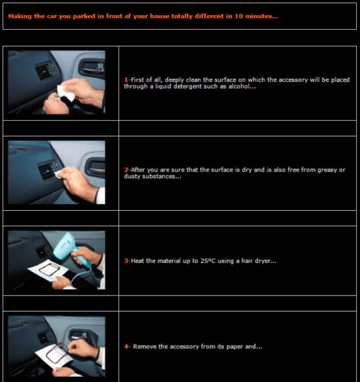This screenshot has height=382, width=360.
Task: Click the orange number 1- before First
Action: pyautogui.click(x=127, y=80)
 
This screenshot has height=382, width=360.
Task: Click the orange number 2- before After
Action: pyautogui.click(x=127, y=170)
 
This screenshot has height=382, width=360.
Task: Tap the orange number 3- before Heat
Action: pyautogui.click(x=127, y=261)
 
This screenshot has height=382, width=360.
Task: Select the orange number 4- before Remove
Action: pyautogui.click(x=128, y=347)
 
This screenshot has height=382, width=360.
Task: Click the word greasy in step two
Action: pyautogui.click(x=327, y=170)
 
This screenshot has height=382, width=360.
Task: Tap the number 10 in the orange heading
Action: pyautogui.click(x=238, y=16)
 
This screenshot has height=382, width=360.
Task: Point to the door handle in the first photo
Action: pyautogui.click(x=92, y=68)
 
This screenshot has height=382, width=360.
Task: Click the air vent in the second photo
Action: pyautogui.click(x=49, y=170)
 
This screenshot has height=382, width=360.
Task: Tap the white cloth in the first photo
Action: pyautogui.click(x=66, y=93)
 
